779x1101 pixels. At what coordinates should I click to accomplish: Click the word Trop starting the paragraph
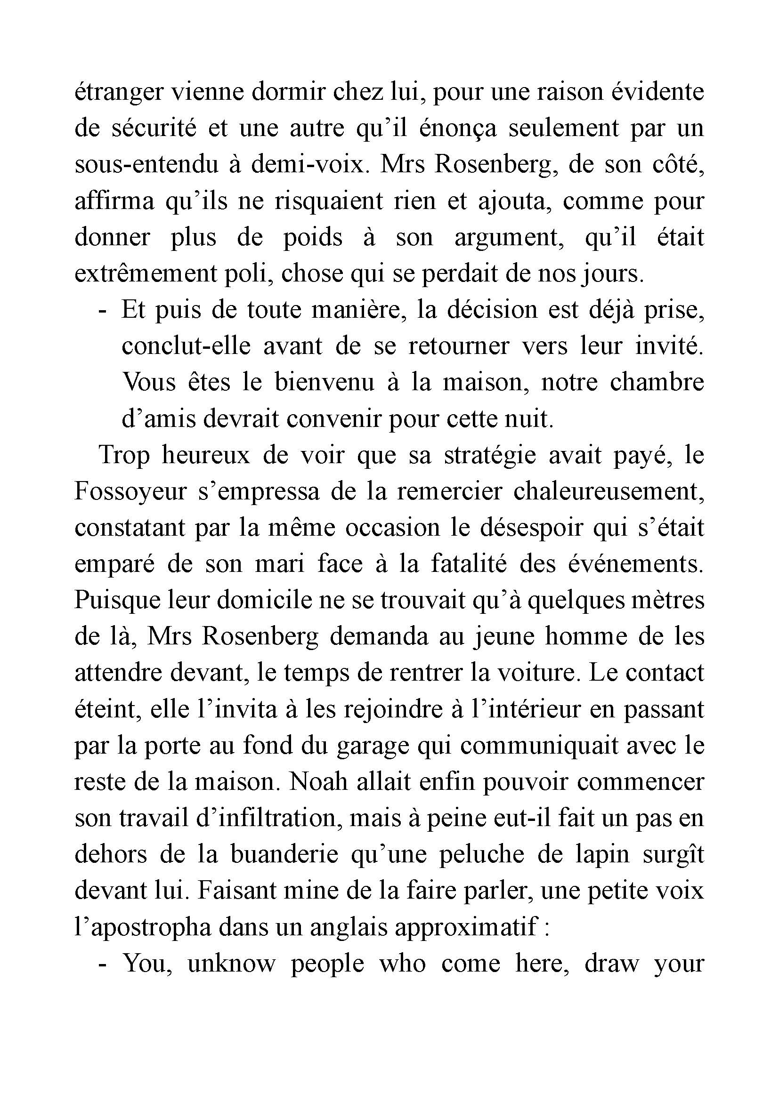tap(124, 456)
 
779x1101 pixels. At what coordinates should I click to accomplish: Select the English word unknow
tap(231, 964)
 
